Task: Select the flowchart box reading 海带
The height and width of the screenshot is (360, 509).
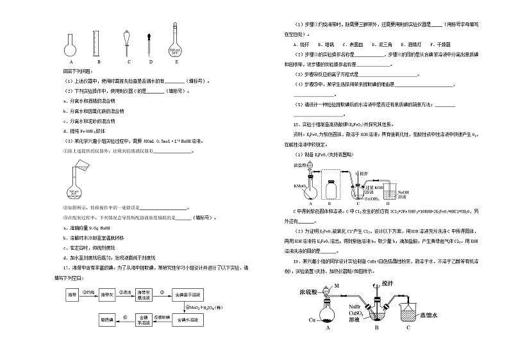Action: click(x=71, y=294)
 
